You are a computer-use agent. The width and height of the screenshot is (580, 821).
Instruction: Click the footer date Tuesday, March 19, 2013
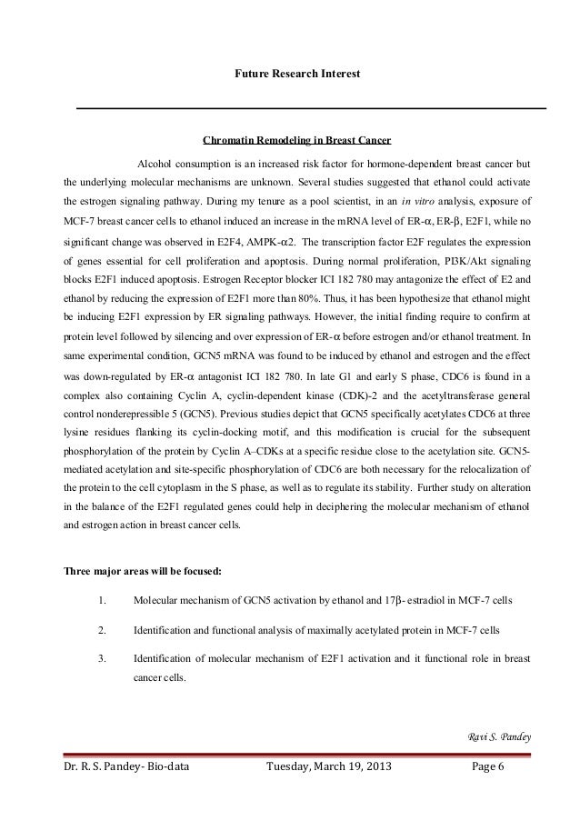coord(324,766)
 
